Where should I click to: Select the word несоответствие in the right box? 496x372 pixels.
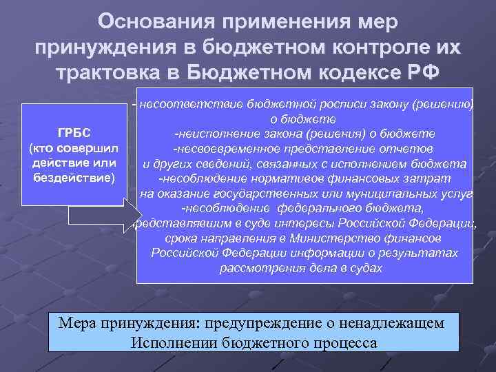click(x=181, y=104)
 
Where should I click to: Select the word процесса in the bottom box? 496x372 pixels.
click(x=343, y=342)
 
